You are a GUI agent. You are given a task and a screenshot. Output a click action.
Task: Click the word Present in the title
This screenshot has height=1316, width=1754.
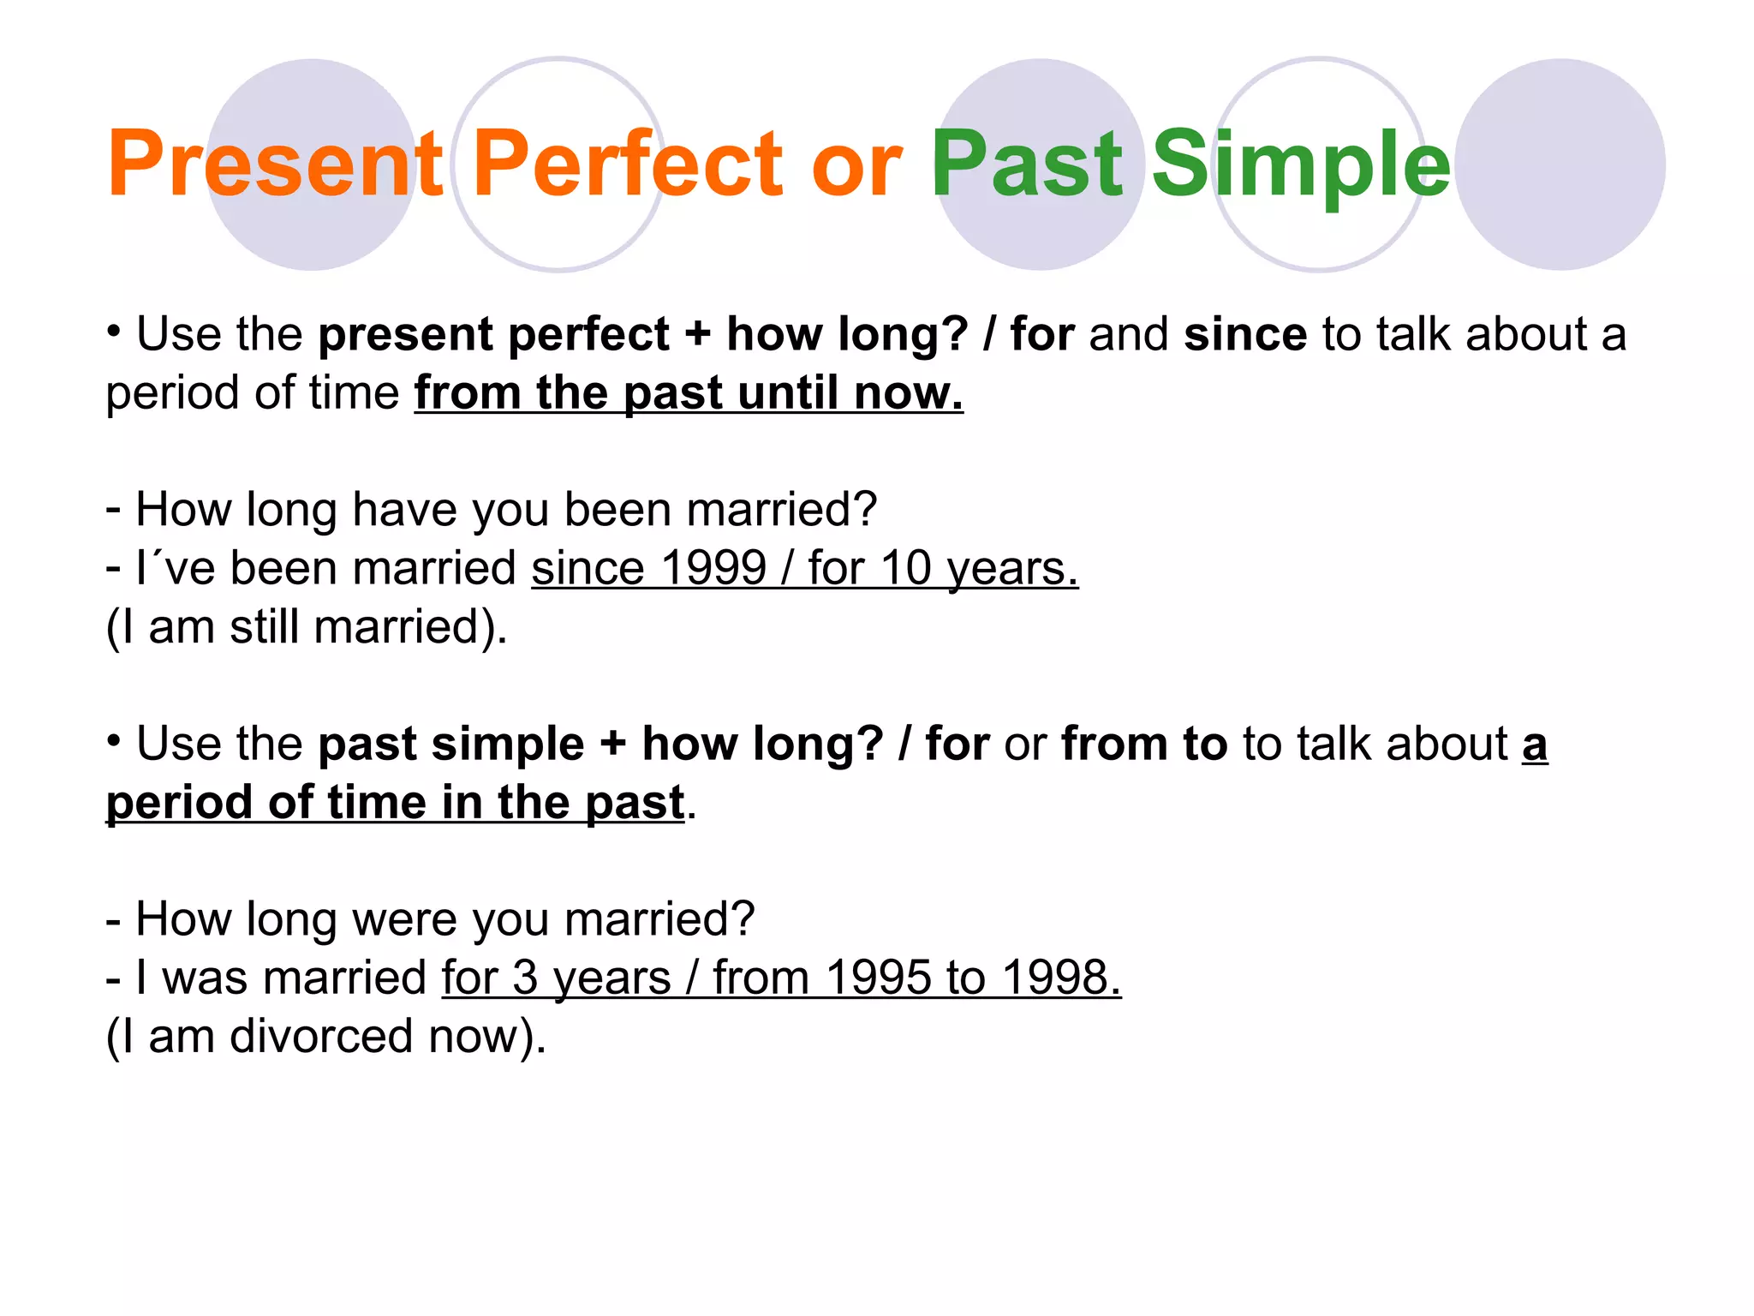274,164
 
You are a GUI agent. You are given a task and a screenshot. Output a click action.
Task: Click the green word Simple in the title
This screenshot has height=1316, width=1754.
1300,164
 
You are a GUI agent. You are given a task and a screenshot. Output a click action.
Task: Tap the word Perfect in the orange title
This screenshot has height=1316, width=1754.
627,164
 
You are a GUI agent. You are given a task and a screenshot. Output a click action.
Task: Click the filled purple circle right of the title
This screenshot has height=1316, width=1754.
1560,164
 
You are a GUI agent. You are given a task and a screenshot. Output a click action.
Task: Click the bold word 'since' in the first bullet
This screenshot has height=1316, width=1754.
1244,334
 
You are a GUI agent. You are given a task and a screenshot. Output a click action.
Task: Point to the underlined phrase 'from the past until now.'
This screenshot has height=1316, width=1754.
689,393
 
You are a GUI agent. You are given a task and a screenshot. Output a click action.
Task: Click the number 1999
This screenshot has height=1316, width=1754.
713,568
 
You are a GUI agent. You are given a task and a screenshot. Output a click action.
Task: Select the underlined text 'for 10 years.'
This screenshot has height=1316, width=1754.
942,568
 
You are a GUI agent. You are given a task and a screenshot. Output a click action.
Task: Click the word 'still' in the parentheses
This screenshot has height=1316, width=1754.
265,627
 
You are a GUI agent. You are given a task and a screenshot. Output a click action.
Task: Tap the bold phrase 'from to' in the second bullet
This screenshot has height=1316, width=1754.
1144,744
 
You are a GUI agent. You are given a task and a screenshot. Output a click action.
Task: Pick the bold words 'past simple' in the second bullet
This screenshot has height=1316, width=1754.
451,744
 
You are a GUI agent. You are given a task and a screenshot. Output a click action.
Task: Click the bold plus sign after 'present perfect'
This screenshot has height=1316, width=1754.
698,334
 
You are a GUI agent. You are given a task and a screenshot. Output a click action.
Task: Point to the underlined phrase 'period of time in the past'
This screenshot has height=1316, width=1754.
395,803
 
